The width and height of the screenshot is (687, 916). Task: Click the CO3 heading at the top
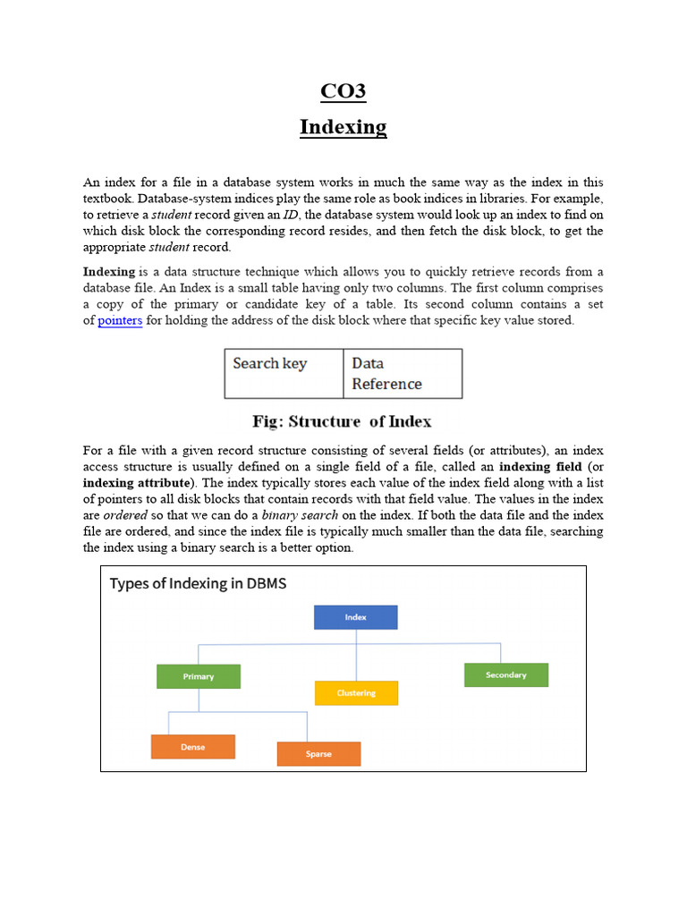pyautogui.click(x=343, y=91)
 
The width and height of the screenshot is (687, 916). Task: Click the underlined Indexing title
pyautogui.click(x=343, y=127)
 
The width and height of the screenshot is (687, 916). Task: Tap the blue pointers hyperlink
pyautogui.click(x=120, y=320)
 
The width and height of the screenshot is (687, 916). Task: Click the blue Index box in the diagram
pyautogui.click(x=355, y=617)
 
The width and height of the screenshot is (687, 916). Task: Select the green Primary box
pyautogui.click(x=198, y=676)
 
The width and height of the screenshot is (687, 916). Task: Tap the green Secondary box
pyautogui.click(x=505, y=674)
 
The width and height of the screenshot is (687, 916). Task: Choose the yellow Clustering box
pyautogui.click(x=356, y=693)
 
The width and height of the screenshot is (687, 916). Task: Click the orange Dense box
pyautogui.click(x=192, y=747)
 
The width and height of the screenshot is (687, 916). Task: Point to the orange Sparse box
pyautogui.click(x=318, y=754)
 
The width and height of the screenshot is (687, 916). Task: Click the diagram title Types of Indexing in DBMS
pyautogui.click(x=198, y=584)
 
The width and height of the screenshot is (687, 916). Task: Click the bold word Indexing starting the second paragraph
pyautogui.click(x=109, y=271)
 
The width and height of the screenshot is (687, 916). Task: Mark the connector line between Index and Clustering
pyautogui.click(x=356, y=662)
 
